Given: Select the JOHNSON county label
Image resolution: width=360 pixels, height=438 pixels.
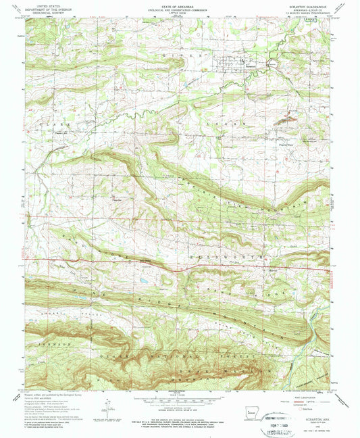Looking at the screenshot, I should pyautogui.click(x=57, y=344).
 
